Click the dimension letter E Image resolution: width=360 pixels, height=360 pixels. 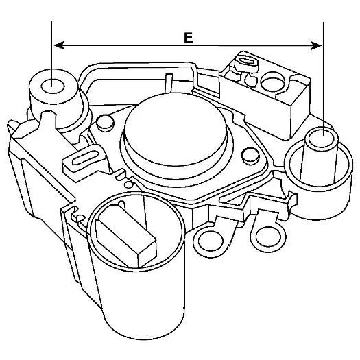coord(189,38)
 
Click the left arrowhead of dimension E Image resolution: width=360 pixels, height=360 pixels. coord(59,45)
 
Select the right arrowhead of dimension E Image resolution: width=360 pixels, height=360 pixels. coord(316,45)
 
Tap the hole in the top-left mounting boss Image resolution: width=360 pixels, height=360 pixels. coord(53,86)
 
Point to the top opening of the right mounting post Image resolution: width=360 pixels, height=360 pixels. coord(322,140)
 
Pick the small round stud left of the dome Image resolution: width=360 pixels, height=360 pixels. coord(105,123)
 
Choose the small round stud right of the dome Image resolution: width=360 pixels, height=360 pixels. coord(251,156)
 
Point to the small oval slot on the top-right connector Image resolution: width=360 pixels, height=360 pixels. coord(246,61)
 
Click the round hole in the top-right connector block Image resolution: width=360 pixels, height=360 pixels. coord(273,82)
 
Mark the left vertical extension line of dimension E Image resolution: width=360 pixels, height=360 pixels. coord(51,54)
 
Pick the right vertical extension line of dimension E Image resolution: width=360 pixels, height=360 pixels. coord(323,80)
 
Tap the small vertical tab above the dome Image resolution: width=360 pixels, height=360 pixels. coord(169,83)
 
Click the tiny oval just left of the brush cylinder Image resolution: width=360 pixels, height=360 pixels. coord(81,217)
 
